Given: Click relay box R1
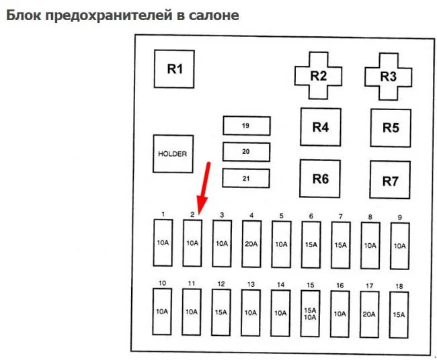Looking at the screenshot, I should coord(175,69).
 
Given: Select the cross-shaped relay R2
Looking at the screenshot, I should coord(319,75).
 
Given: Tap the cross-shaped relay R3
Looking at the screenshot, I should coord(389,75).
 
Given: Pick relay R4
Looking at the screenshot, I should coord(320,126).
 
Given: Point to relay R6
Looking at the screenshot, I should coord(320,179).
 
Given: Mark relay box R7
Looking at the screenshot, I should coord(390,180).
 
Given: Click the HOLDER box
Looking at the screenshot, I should coord(172,154).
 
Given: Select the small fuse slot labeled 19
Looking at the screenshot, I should coord(246,126).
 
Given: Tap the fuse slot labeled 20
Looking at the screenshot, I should coord(246,152).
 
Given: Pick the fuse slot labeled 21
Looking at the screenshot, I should coord(246,178).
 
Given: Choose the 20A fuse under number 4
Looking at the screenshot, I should coord(251,243).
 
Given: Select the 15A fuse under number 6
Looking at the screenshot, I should coord(311,244).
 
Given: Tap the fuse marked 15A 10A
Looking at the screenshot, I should coord(311,313).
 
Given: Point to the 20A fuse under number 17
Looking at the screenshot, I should coord(369,313).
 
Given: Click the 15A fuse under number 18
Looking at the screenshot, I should coord(399,313).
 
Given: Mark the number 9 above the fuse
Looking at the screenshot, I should coord(400,217).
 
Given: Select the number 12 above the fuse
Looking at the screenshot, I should coord(222,285).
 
